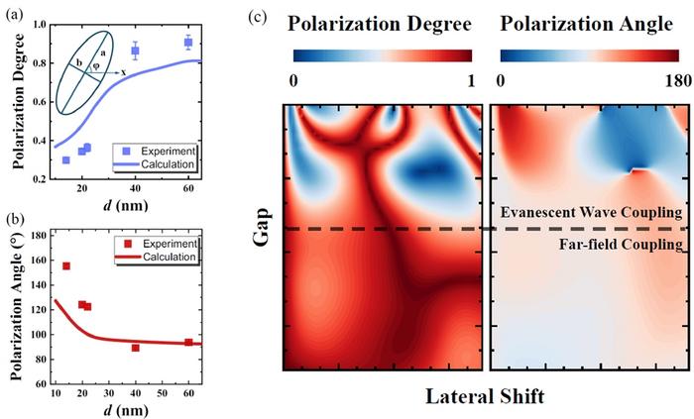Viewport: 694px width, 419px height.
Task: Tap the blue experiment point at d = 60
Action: point(188,43)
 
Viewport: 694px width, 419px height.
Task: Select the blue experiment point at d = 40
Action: point(136,51)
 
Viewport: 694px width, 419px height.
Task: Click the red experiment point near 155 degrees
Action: point(65,265)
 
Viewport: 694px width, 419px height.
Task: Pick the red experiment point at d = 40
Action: point(136,348)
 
